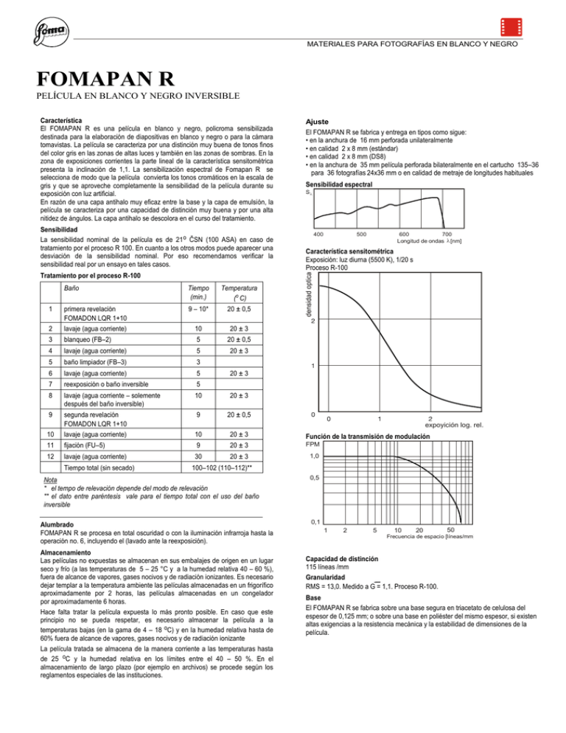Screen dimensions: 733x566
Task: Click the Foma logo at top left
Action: click(x=49, y=33)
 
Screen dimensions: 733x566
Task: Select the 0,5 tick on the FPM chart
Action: click(x=315, y=478)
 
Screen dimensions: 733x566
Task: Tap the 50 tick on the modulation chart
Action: click(x=451, y=528)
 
